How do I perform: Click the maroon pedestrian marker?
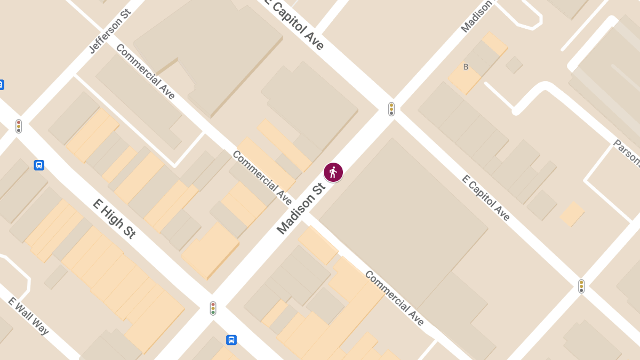tap(333, 172)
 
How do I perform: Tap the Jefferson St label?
tap(110, 31)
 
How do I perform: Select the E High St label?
tap(114, 219)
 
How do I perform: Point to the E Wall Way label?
tap(28, 316)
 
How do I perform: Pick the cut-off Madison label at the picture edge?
tap(476, 16)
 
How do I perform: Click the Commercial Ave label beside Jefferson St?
tap(145, 71)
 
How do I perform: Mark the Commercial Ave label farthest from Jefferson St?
tap(395, 298)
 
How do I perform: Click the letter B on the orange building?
tap(466, 67)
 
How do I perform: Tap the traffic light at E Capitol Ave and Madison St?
tap(391, 109)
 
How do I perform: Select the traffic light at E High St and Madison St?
tap(213, 308)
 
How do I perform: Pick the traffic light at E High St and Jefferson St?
tap(19, 126)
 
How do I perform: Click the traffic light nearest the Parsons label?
tap(581, 286)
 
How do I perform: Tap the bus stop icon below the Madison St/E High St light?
tap(231, 340)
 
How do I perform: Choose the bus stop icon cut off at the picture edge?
tap(1, 85)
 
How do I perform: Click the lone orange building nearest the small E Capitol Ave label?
tap(572, 214)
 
